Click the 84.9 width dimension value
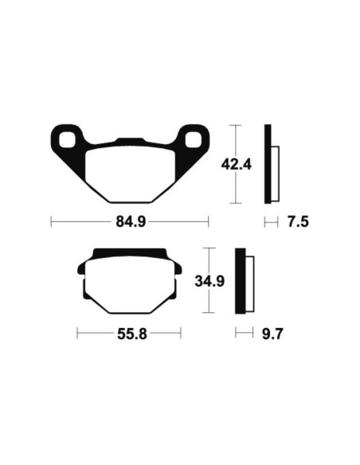point(131,221)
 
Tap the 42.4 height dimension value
point(237,164)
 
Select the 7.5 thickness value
point(298,222)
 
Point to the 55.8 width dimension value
point(132,334)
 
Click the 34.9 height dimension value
point(209,281)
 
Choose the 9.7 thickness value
point(272,334)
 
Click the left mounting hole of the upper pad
point(67,139)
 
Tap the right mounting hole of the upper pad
point(193,139)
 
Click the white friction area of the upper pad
point(130,174)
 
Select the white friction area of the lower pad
point(130,285)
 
